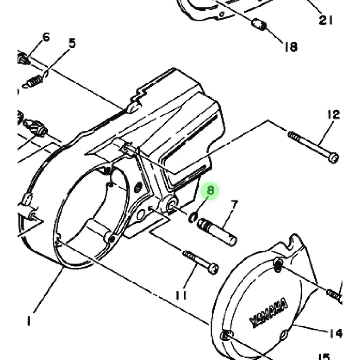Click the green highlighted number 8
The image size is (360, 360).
pos(210,191)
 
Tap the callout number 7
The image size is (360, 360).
pos(234,205)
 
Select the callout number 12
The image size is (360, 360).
pos(334,115)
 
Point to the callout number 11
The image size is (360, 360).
pos(181,295)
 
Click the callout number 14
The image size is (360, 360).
pos(336,333)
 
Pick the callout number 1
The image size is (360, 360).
pos(29,321)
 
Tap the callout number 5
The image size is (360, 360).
pos(72,43)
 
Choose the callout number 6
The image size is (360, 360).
pos(46,37)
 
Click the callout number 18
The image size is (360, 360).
pos(291,47)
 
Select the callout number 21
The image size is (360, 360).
pos(326,20)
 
